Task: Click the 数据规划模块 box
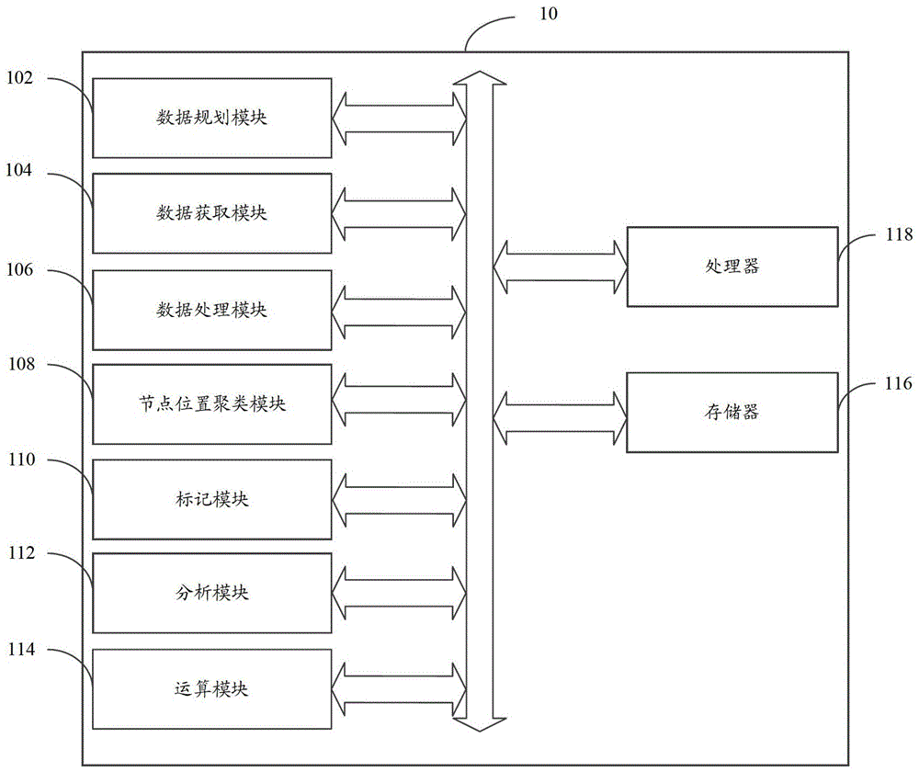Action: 212,118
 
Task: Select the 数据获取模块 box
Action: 212,213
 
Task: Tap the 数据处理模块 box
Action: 212,310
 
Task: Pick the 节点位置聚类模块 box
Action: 212,404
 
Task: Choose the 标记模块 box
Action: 212,499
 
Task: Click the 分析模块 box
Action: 212,593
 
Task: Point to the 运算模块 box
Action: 212,689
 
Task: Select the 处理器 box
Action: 732,267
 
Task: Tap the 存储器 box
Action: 732,413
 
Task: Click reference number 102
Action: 19,78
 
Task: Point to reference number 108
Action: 21,364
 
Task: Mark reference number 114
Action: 21,650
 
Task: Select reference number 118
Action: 899,234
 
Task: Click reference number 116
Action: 899,383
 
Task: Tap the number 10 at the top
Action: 549,14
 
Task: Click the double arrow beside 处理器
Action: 561,267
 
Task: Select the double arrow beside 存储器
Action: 561,418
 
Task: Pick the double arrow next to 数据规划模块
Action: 399,119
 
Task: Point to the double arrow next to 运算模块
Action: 399,689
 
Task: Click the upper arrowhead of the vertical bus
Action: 480,78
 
